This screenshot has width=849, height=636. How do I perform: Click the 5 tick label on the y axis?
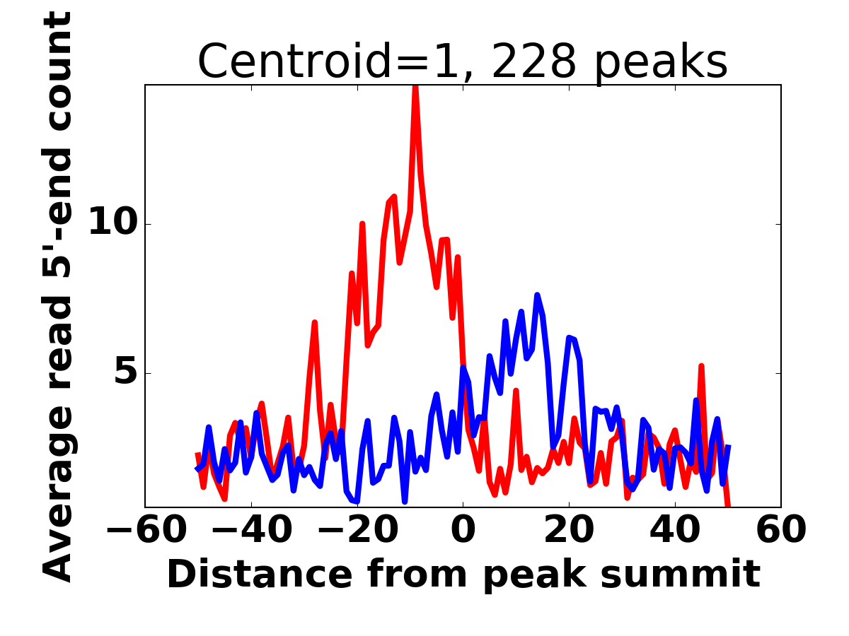click(x=127, y=373)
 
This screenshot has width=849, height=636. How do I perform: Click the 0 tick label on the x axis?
click(x=463, y=530)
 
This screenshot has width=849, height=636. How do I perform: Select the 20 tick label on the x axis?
click(x=569, y=530)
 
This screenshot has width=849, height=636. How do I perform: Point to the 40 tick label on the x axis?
click(x=675, y=530)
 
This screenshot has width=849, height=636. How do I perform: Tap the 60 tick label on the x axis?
click(x=781, y=530)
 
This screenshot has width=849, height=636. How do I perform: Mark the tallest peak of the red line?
click(x=415, y=86)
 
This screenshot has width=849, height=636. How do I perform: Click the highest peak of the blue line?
click(x=537, y=295)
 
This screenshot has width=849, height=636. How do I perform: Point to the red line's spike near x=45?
click(x=701, y=367)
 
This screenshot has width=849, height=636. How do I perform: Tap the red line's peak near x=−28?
click(x=314, y=323)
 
